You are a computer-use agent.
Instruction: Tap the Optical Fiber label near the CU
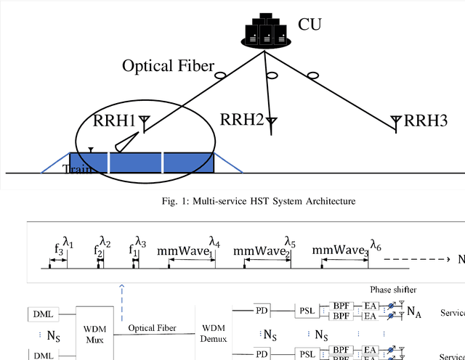pos(168,67)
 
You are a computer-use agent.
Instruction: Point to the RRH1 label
pos(116,120)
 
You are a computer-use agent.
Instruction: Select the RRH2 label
pos(241,120)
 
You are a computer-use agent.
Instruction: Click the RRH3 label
pos(424,120)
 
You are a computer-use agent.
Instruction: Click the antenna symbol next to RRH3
pos(395,120)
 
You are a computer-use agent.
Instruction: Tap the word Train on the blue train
pos(77,169)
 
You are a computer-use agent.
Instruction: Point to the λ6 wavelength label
pos(375,244)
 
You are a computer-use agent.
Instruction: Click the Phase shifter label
pos(393,290)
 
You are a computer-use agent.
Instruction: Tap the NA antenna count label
pos(414,312)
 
